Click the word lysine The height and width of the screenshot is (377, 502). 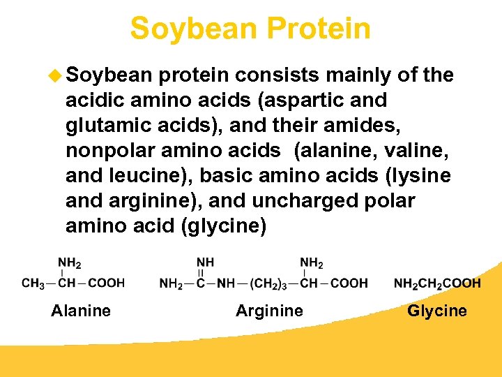[418, 175]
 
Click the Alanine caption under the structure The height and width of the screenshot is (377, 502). [81, 310]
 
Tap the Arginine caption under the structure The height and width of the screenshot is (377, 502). [269, 310]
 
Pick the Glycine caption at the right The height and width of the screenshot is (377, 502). [437, 310]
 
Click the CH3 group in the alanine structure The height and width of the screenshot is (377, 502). [34, 283]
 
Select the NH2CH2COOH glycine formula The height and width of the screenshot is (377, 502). [437, 283]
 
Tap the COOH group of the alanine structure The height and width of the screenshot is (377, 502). [107, 283]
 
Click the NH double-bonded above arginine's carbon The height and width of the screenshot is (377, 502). [205, 263]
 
